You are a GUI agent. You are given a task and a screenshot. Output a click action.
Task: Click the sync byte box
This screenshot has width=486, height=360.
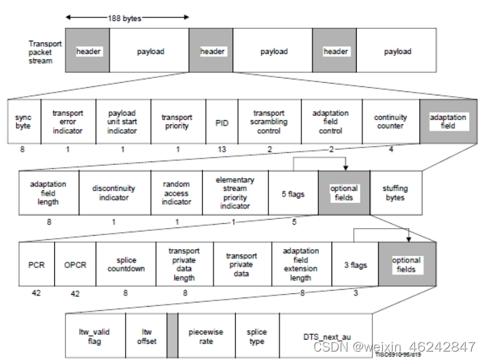click(23, 121)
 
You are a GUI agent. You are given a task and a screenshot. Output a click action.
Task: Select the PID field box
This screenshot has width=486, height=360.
click(222, 122)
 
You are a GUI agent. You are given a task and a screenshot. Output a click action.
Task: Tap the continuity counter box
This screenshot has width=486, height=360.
click(390, 121)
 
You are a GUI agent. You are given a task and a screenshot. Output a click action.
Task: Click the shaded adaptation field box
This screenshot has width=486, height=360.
click(448, 121)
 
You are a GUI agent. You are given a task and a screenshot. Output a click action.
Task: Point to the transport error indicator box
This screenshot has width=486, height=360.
click(67, 121)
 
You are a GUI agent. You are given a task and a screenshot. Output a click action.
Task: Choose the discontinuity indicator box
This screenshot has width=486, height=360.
click(114, 193)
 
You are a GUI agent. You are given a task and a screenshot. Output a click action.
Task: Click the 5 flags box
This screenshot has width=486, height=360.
click(293, 193)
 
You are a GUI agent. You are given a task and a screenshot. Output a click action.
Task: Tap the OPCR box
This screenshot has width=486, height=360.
click(75, 264)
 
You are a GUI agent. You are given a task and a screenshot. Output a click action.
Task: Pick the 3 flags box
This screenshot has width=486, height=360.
click(355, 264)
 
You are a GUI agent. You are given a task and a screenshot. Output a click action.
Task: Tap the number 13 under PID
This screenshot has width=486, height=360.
click(222, 149)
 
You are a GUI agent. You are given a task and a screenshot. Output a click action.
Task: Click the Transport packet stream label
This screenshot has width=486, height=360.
click(44, 52)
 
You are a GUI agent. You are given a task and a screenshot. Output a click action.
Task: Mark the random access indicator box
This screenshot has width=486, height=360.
click(176, 193)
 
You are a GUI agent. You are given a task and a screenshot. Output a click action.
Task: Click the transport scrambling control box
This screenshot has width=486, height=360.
click(269, 121)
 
